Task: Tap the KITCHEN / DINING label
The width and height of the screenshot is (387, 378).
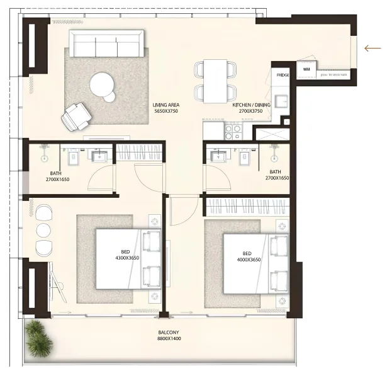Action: tap(251, 108)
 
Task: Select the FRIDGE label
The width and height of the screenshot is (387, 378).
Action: tap(283, 76)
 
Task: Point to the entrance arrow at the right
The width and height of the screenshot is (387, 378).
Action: tap(374, 48)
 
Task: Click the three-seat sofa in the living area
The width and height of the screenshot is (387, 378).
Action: tap(106, 45)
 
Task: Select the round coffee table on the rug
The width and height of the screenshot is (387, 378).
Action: tap(103, 84)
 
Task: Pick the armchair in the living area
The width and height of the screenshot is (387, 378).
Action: tap(76, 116)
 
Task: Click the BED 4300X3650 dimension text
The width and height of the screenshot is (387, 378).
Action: tap(126, 257)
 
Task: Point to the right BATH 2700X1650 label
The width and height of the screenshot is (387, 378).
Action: tap(276, 175)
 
